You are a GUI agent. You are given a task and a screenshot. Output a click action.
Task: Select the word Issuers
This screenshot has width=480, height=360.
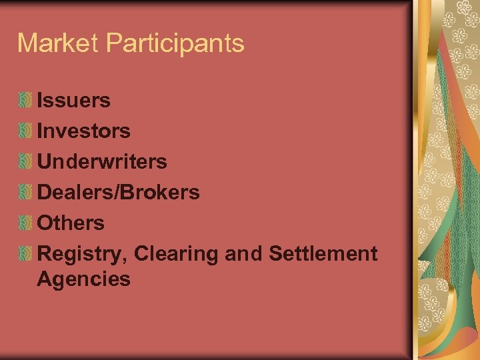[73, 101]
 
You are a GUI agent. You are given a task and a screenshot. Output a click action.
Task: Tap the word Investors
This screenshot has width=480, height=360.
[83, 131]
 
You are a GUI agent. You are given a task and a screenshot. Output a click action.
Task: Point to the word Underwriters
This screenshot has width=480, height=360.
[102, 161]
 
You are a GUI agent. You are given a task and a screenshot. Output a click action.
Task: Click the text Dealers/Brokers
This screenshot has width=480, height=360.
[118, 192]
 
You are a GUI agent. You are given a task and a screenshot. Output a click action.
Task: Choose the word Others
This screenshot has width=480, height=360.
[71, 223]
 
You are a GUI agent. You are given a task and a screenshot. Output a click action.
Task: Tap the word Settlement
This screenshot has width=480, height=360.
[323, 253]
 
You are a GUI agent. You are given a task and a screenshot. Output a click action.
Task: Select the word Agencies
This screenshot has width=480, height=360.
[83, 279]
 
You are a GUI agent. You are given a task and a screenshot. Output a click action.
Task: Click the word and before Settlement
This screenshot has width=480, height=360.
[243, 253]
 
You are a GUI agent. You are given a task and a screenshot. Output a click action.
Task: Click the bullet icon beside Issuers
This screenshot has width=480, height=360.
[25, 101]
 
